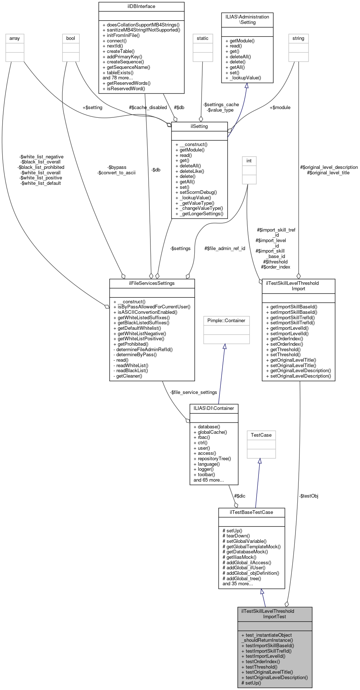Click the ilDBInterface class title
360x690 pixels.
tap(141, 6)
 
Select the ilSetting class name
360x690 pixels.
tap(199, 126)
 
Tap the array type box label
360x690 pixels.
tap(15, 38)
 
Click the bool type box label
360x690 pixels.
tap(71, 38)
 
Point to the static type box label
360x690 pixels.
tap(203, 38)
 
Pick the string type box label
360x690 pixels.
tap(298, 38)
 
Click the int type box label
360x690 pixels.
tap(249, 161)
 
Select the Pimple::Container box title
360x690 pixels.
tap(226, 320)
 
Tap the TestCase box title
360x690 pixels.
tap(261, 435)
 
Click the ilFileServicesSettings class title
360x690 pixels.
tap(152, 283)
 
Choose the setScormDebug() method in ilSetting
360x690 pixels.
tap(198, 192)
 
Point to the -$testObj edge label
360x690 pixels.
tap(309, 496)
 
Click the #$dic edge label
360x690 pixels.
tap(240, 496)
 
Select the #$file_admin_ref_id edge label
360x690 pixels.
tap(225, 248)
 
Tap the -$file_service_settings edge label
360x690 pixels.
tap(194, 392)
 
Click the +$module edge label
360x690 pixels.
tap(280, 107)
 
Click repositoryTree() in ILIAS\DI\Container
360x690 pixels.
tap(212, 458)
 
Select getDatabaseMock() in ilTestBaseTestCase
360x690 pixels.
tap(245, 552)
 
